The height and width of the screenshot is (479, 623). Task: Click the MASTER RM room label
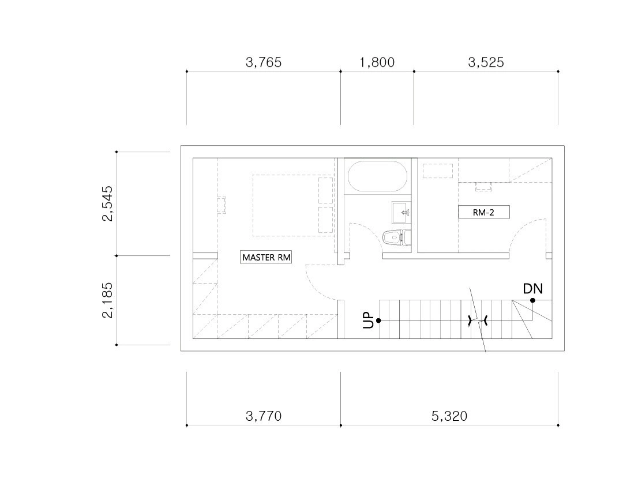266,257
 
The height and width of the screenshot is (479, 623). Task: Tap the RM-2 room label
483,212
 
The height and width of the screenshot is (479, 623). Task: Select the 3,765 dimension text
264,62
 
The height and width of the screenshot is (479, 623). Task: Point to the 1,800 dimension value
377,62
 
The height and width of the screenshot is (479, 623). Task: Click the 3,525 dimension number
486,62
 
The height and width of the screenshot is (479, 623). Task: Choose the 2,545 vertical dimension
107,203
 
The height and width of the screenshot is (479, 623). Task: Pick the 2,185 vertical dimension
107,300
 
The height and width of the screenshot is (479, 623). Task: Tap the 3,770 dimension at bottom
264,416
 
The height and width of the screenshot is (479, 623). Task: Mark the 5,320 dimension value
449,416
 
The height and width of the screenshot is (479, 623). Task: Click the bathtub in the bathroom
377,176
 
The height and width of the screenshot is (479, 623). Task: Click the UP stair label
368,320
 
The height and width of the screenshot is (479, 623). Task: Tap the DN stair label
533,288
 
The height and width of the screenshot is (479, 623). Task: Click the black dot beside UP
378,320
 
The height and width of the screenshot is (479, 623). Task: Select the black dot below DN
532,300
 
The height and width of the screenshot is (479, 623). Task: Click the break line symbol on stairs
478,320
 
